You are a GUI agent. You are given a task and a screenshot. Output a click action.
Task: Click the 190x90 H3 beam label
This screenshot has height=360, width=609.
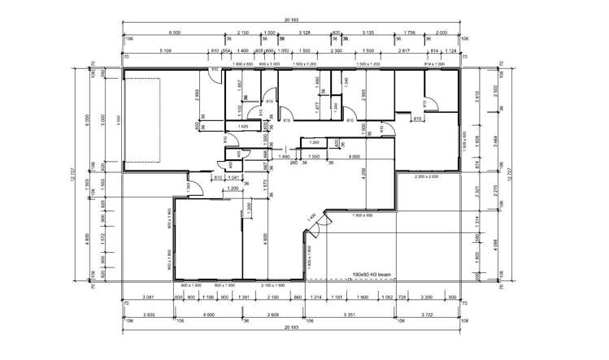click(372, 275)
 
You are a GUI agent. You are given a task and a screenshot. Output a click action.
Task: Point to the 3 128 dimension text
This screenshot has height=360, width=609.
click(305, 33)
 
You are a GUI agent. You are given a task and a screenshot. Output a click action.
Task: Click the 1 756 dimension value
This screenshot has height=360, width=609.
click(409, 33)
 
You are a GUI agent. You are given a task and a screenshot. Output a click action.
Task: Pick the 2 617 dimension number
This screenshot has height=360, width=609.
click(403, 51)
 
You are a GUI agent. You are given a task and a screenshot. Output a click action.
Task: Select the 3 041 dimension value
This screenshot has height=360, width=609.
click(148, 298)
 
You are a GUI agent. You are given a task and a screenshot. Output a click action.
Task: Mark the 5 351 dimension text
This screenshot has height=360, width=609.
click(349, 314)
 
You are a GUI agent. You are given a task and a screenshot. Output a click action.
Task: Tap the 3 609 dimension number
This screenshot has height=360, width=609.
click(274, 314)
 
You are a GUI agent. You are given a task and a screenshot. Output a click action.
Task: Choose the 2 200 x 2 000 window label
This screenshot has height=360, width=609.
click(426, 176)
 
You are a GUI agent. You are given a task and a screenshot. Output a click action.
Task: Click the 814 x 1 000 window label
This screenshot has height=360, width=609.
click(437, 63)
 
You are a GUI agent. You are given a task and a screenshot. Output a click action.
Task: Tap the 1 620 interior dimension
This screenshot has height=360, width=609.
click(243, 127)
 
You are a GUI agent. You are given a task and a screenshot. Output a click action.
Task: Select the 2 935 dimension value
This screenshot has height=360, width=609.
click(148, 314)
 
